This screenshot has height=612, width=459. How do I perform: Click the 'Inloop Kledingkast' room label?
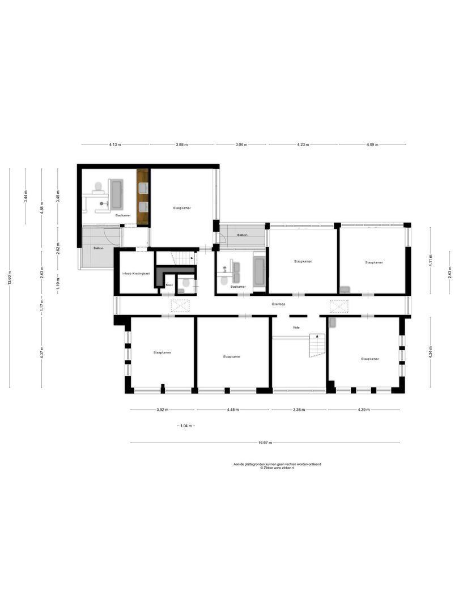[x=136, y=274]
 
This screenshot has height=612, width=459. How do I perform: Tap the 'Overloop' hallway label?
[x=278, y=304]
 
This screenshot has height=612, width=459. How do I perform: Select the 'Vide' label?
[x=296, y=328]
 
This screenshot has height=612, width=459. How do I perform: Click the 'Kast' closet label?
[x=169, y=285]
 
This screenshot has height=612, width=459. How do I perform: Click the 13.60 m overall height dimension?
[x=10, y=278]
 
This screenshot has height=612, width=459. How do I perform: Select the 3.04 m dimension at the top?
[x=241, y=145]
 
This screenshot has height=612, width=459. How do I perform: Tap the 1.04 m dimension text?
[x=185, y=426]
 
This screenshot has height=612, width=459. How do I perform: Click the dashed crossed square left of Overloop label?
[x=181, y=306]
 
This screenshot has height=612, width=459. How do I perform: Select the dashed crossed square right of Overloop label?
[x=338, y=306]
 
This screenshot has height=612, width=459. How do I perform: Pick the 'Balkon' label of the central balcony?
[x=242, y=235]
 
